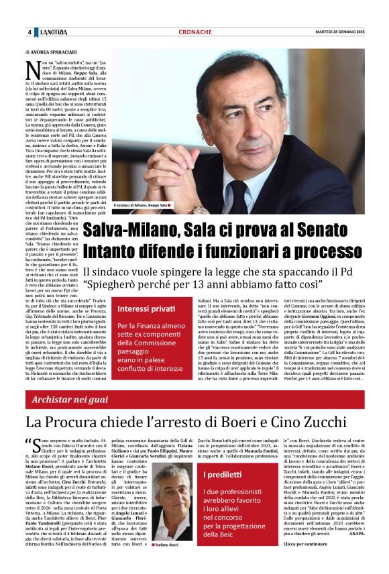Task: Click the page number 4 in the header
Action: pyautogui.click(x=30, y=32)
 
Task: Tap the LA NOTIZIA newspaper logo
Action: pyautogui.click(x=53, y=32)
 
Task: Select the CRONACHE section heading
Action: pyautogui.click(x=195, y=32)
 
